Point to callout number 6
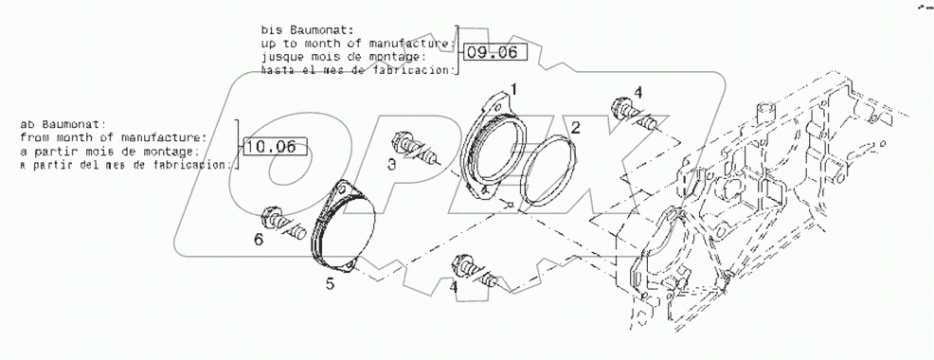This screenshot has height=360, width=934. [x=257, y=240]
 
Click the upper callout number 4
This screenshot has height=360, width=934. [x=638, y=92]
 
